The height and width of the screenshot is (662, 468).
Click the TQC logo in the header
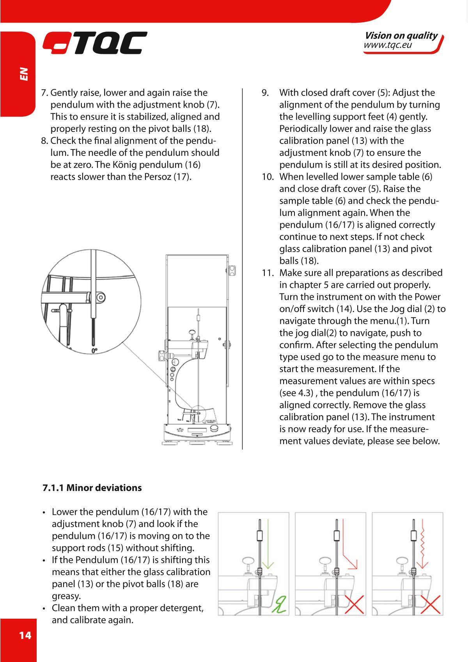[95, 43]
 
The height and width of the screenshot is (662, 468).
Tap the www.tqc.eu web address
[388, 46]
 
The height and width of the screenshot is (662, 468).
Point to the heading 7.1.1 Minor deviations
[92, 488]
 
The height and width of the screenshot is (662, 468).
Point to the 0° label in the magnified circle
[95, 351]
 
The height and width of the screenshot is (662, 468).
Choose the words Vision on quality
[401, 36]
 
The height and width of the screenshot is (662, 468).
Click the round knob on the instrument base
[215, 428]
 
